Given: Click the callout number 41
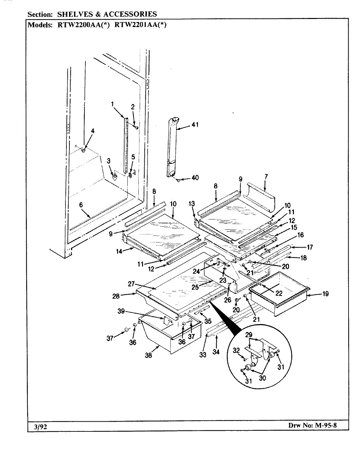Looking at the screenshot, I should coord(195,125).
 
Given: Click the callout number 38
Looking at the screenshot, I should coord(148,356).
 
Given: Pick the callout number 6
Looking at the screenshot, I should coord(81,205).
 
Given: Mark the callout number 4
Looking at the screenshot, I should coord(93,131).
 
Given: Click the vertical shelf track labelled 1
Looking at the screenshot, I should coord(125,144).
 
